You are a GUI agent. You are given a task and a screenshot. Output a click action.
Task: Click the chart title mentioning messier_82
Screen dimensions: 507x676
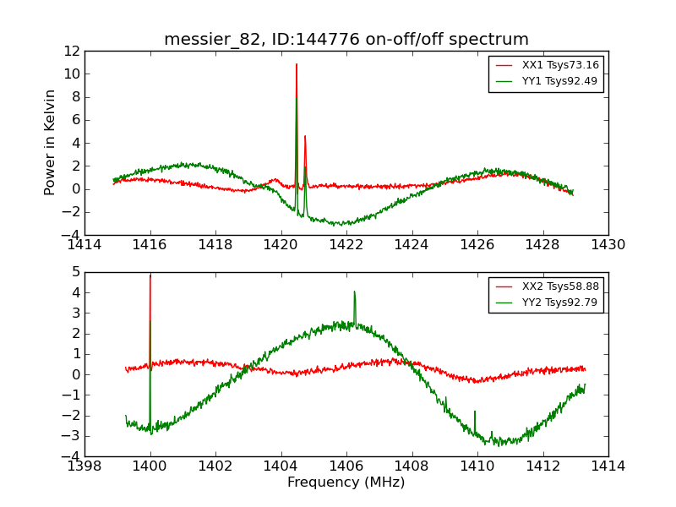(x=346, y=40)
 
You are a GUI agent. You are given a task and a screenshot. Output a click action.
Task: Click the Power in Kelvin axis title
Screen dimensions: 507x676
(x=51, y=142)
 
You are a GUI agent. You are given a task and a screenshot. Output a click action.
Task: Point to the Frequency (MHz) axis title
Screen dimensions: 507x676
(x=346, y=482)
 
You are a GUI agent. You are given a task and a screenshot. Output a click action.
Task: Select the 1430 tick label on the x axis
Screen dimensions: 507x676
(x=608, y=245)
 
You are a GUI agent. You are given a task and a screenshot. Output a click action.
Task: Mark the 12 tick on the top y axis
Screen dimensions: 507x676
(x=73, y=52)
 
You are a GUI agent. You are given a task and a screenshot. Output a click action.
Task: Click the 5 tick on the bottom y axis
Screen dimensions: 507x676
(x=76, y=272)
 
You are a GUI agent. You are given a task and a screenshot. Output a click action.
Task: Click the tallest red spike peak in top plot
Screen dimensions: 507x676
(x=297, y=64)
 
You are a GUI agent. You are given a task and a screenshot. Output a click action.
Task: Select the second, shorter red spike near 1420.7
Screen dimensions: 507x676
(x=305, y=136)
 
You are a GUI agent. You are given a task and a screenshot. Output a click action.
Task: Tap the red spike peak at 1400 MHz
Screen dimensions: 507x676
(x=150, y=275)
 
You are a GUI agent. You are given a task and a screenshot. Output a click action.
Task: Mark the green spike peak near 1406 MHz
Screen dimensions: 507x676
(x=354, y=292)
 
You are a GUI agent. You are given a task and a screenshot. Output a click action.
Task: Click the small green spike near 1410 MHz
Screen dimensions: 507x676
(x=475, y=412)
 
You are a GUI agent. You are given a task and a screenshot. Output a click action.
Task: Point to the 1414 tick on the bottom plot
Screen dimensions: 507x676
(x=608, y=466)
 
